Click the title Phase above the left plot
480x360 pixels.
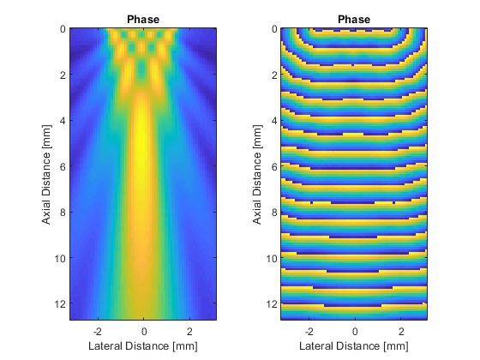(143, 19)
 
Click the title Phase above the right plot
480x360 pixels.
(354, 19)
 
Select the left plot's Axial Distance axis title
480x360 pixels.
(46, 175)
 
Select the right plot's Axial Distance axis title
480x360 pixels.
(257, 175)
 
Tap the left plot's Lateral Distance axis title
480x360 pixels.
(143, 346)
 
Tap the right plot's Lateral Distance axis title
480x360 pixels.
(354, 346)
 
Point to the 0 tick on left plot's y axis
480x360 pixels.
(63, 29)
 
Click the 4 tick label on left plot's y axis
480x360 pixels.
(63, 121)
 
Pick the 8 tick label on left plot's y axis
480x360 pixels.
(63, 213)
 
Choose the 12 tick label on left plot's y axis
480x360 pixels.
(60, 304)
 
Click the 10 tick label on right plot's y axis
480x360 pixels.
(271, 258)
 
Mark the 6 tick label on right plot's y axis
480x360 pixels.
(274, 166)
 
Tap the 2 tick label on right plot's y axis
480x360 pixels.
(274, 75)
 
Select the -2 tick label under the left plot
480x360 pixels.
(98, 331)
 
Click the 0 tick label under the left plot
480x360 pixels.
(144, 331)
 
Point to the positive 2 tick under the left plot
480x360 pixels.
(189, 331)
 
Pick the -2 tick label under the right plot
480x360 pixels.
(309, 331)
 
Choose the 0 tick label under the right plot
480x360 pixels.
(355, 331)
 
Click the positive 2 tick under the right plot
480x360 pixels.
(401, 331)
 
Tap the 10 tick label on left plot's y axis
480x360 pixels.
(60, 258)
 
